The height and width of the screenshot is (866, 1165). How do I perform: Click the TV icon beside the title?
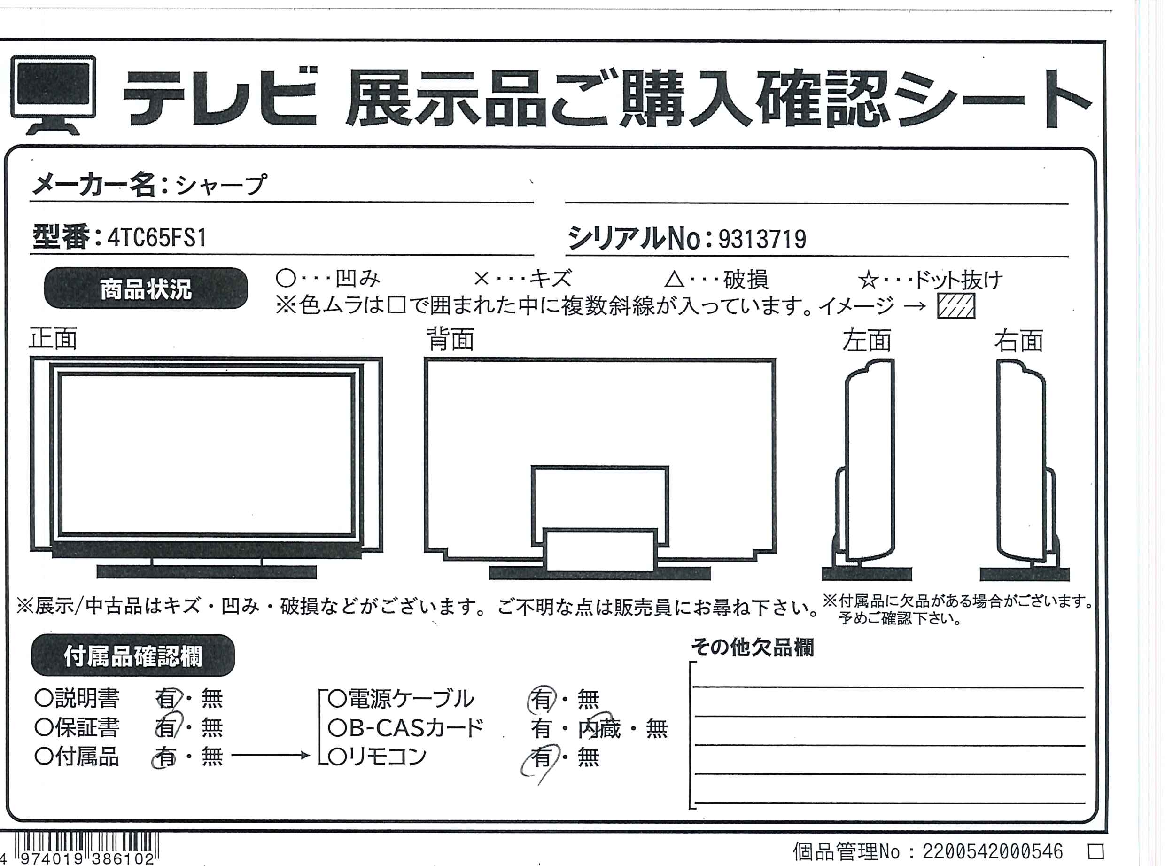[x=53, y=94]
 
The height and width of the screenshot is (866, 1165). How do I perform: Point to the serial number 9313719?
[x=761, y=240]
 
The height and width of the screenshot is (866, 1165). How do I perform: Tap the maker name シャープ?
[x=221, y=185]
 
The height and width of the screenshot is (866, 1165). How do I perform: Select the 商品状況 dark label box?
[x=146, y=289]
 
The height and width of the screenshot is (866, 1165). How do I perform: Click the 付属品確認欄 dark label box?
[x=132, y=655]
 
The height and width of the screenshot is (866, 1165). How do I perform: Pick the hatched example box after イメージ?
[x=956, y=305]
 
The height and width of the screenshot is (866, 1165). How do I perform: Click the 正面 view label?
[x=53, y=339]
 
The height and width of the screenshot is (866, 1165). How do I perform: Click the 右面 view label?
[x=1019, y=341]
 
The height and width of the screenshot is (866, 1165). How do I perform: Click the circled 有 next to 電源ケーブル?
[x=541, y=699]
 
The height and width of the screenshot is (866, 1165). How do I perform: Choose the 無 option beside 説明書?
[x=212, y=699]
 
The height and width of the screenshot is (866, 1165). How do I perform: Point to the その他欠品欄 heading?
[x=752, y=648]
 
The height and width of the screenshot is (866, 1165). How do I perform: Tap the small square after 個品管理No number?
[x=1096, y=851]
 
